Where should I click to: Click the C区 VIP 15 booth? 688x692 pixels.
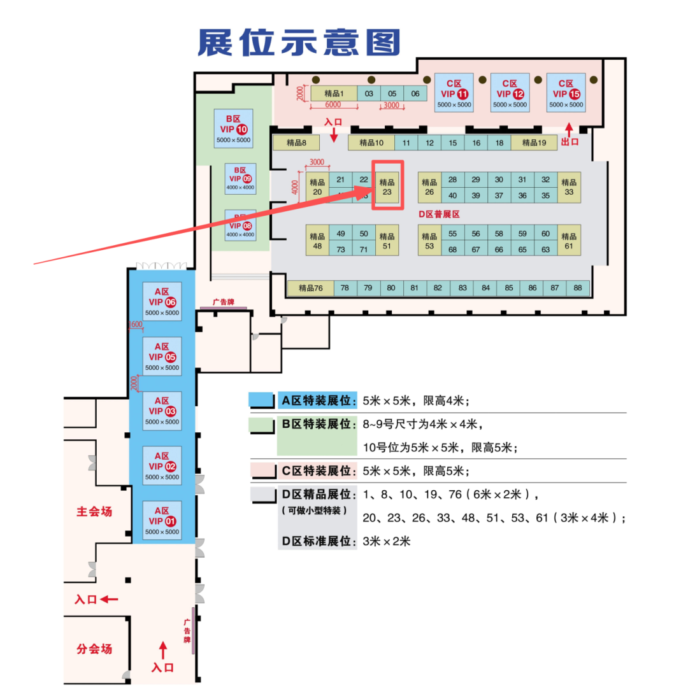coord(566,92)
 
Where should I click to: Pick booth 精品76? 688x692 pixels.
coord(310,288)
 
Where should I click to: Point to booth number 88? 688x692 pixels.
coord(578,288)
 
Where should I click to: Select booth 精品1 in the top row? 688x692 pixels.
coord(334,94)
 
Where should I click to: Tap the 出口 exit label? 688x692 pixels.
coord(570,142)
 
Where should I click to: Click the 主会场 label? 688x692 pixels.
coord(94,511)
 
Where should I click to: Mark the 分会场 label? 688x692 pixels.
coord(94,649)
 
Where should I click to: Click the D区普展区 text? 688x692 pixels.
coord(439,214)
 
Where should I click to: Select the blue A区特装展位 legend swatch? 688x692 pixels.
coord(262,400)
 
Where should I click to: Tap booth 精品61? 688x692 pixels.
coord(569,241)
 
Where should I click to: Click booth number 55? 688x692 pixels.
coord(452,234)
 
